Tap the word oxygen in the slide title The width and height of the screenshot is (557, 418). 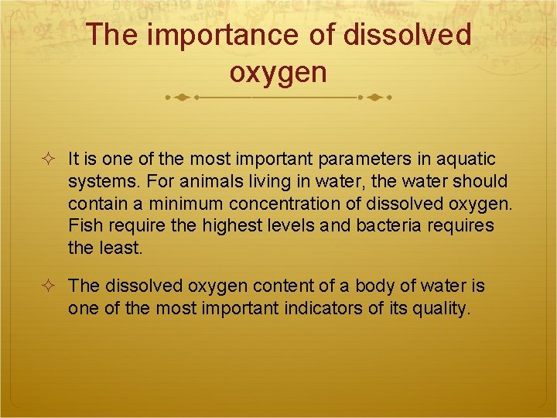click(x=278, y=72)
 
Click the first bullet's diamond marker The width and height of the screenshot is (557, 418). click(x=49, y=160)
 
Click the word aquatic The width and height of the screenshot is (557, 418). click(x=466, y=159)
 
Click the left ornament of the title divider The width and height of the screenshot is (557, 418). click(x=181, y=98)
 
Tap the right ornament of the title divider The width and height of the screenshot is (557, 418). click(x=375, y=98)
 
